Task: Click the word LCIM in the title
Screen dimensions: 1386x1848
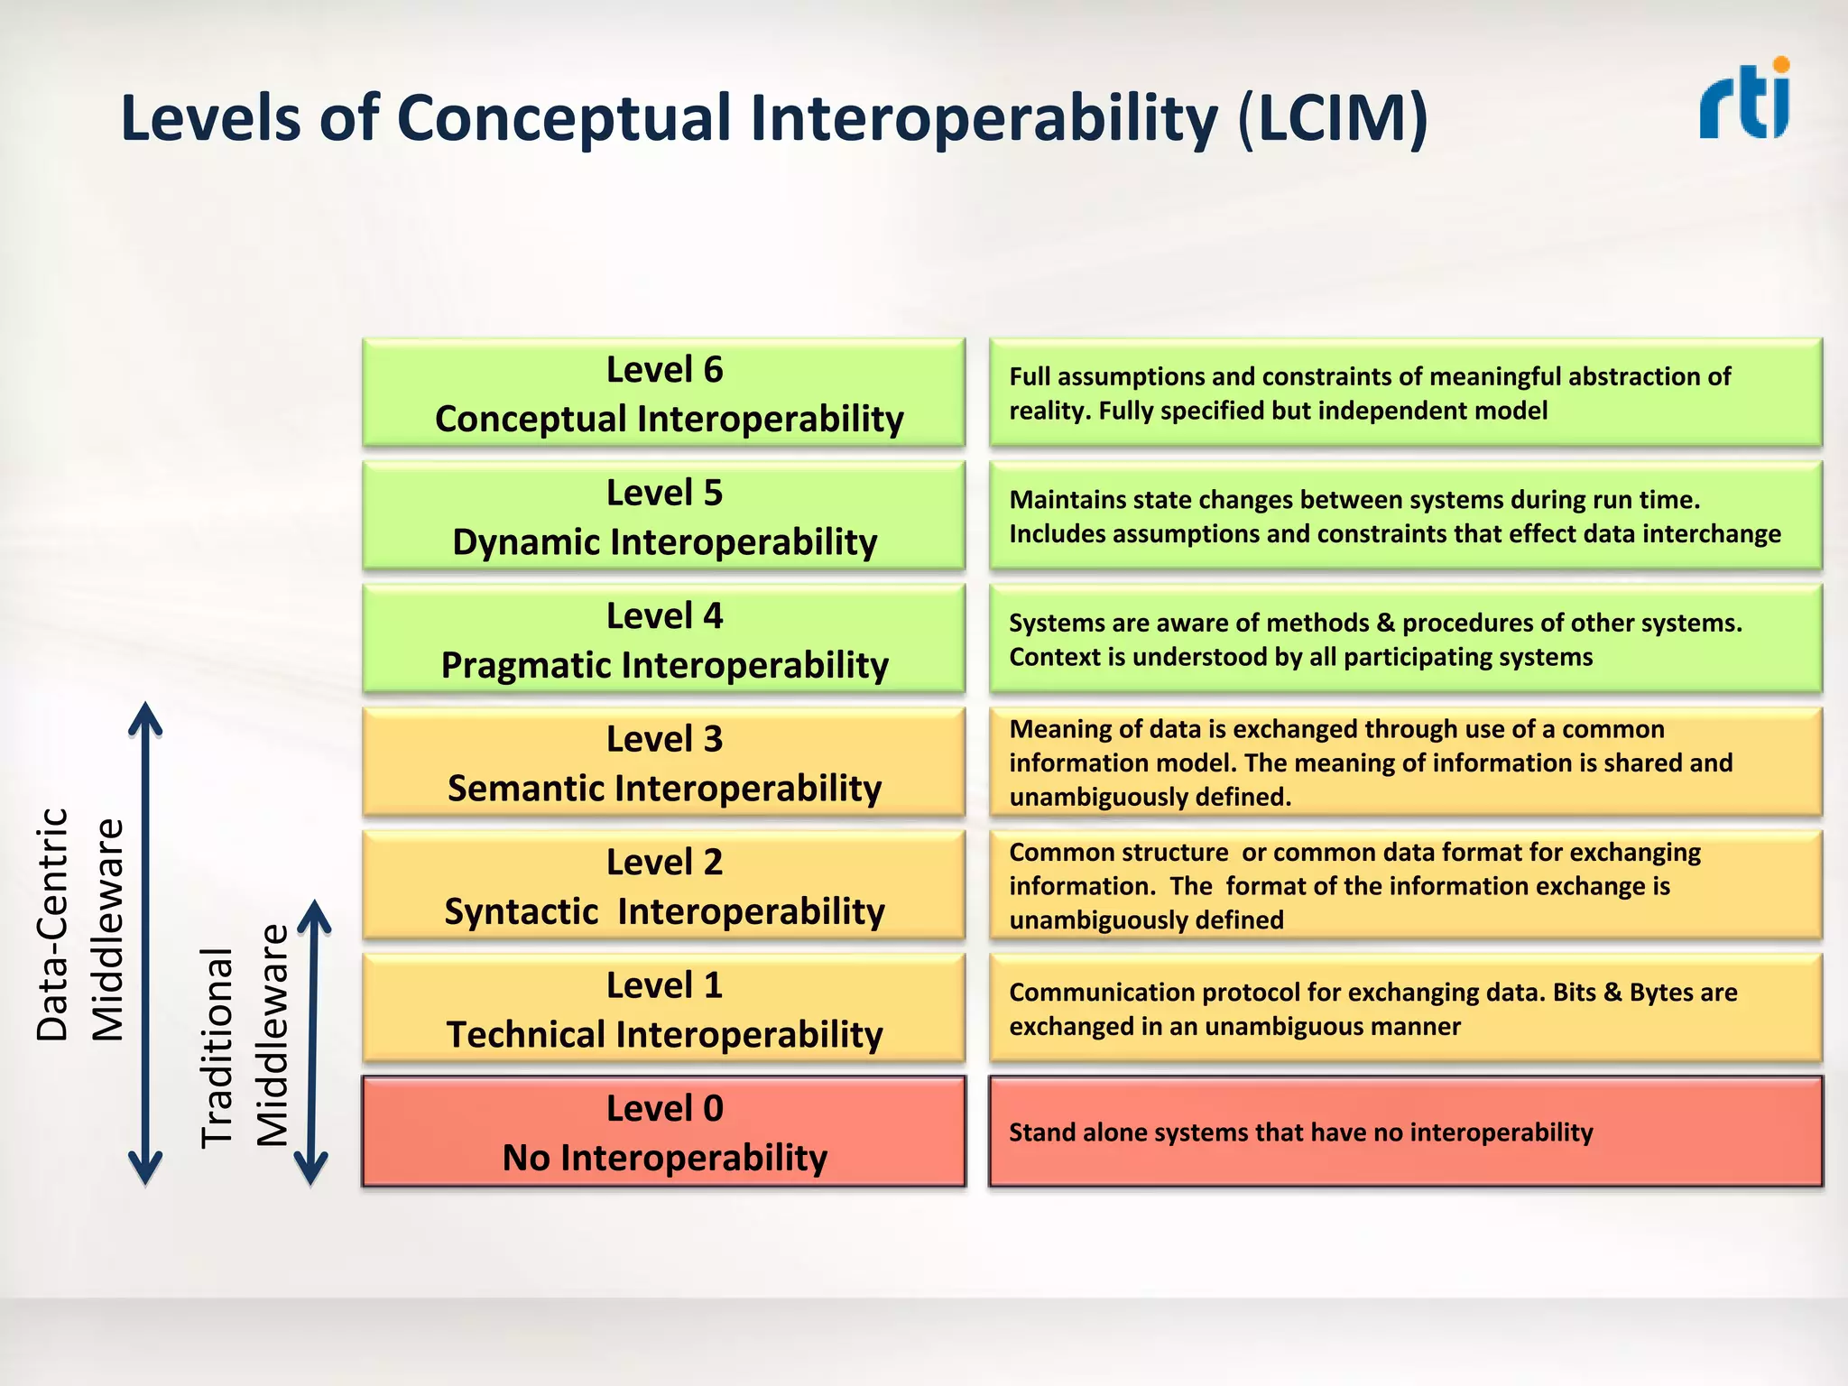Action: [x=1333, y=119]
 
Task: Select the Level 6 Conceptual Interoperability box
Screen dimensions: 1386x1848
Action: [x=664, y=393]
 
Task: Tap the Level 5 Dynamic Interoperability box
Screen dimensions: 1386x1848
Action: [x=664, y=516]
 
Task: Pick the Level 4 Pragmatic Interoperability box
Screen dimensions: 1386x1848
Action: [x=664, y=640]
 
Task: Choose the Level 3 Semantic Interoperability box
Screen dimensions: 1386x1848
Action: [x=664, y=762]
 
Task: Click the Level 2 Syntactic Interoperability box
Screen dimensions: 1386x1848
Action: [x=664, y=886]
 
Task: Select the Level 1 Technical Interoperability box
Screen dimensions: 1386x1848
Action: [x=664, y=1009]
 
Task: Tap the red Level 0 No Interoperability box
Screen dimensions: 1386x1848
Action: [x=664, y=1132]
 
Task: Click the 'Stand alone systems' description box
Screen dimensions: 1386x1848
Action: [x=1405, y=1132]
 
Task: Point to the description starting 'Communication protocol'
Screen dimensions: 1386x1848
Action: [x=1405, y=1009]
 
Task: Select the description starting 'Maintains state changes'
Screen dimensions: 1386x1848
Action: [x=1405, y=516]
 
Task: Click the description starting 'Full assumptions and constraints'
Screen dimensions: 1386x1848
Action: [x=1405, y=393]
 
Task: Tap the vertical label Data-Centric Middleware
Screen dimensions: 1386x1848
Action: [x=79, y=925]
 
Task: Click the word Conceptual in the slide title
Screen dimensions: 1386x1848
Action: [x=564, y=119]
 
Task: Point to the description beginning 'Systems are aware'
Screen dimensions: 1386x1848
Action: [x=1405, y=640]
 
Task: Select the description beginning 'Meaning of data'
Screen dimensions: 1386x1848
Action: [x=1405, y=762]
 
